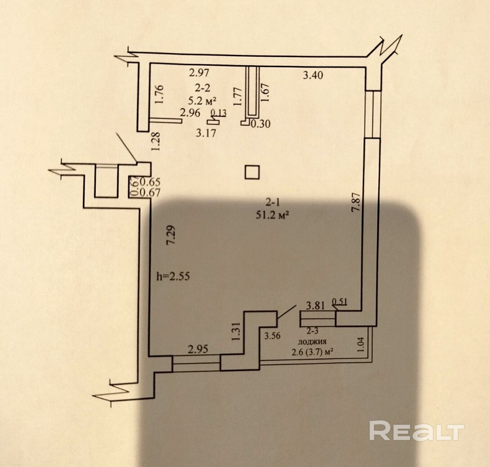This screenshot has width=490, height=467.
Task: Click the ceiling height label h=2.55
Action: (x=173, y=277)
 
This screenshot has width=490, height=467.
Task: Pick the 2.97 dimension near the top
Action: (x=199, y=72)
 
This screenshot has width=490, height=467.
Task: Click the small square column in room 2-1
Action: (x=252, y=172)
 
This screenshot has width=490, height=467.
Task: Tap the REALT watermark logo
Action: (x=416, y=431)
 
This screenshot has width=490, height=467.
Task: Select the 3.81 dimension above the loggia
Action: (x=315, y=306)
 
